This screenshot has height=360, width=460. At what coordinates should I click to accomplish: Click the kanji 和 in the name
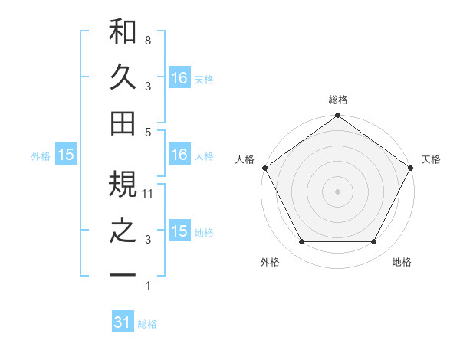click(x=123, y=33)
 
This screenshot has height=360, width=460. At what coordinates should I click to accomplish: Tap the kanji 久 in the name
click(x=123, y=77)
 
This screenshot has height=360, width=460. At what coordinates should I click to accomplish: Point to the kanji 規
click(x=123, y=184)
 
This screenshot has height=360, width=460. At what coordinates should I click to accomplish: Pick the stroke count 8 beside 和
click(x=147, y=38)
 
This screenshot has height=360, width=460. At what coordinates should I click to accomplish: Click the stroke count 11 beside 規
click(x=149, y=194)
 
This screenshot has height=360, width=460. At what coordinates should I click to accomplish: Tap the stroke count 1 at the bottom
click(x=147, y=286)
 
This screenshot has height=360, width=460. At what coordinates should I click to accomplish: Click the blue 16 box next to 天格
click(x=179, y=77)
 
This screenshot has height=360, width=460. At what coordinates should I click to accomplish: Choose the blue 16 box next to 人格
click(x=179, y=155)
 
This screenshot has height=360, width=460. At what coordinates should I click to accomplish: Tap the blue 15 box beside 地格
click(x=179, y=231)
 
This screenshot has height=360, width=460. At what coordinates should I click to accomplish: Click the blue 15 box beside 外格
click(x=65, y=155)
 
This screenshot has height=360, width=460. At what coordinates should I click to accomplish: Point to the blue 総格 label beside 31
click(x=147, y=324)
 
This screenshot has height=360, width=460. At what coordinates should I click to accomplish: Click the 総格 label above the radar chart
click(x=337, y=100)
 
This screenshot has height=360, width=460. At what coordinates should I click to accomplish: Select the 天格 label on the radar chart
click(x=431, y=159)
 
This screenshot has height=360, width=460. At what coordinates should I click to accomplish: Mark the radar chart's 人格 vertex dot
click(x=264, y=168)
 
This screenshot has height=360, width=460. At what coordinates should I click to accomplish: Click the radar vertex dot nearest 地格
click(x=374, y=242)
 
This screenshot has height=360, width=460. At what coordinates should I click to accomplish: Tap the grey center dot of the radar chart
click(x=337, y=191)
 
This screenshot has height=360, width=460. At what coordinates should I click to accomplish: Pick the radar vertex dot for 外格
click(x=301, y=242)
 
